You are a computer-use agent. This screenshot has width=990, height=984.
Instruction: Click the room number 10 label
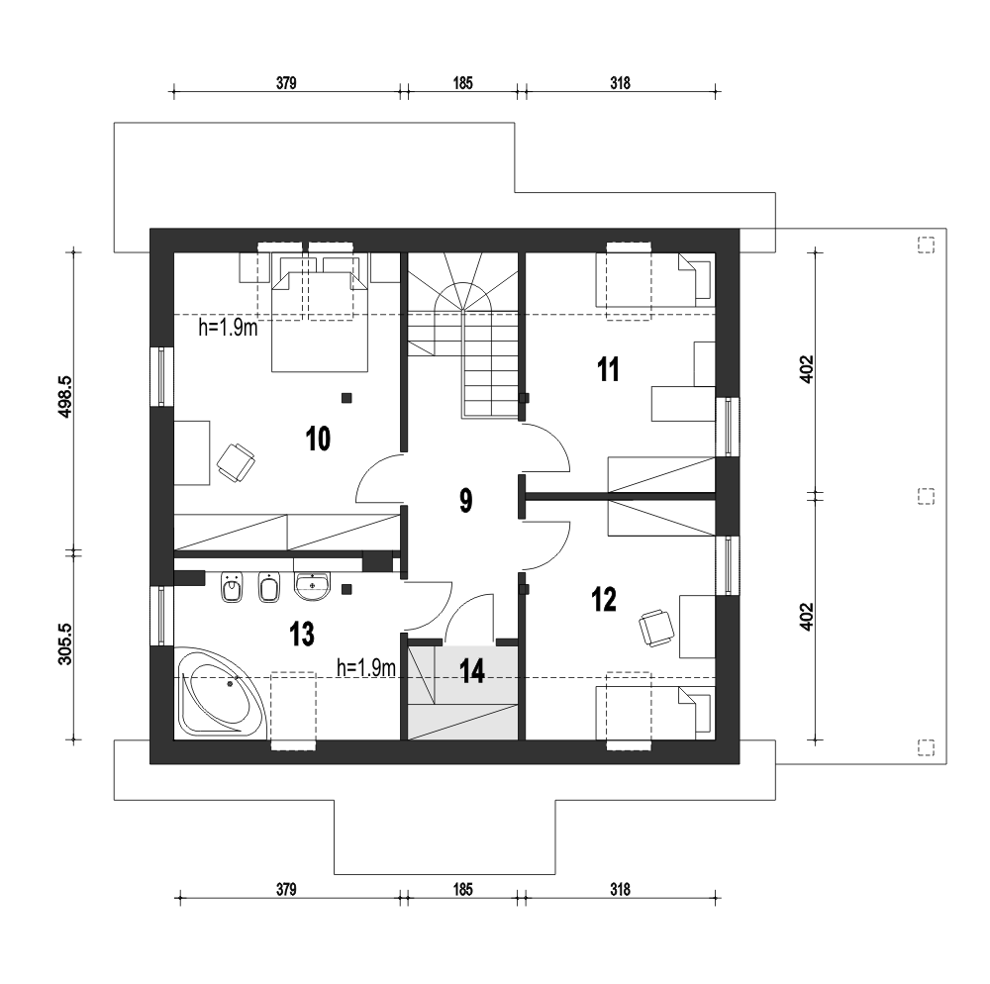point(318,439)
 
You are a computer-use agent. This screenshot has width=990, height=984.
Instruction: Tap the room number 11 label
point(608,369)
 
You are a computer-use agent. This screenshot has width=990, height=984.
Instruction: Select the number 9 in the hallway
point(465,501)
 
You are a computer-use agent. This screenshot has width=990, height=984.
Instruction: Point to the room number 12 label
point(604,599)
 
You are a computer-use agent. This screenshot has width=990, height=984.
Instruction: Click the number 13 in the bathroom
point(302,635)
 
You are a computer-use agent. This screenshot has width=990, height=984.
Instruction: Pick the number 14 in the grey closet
point(472,671)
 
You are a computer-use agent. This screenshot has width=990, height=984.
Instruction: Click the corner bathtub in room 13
point(221,692)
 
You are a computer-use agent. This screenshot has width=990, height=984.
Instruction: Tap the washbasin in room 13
point(312,586)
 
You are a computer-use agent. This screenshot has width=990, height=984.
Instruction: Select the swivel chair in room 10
point(236,463)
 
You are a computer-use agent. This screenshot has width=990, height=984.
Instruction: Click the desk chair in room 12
point(656,628)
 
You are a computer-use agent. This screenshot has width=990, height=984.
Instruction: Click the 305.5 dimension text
point(65,643)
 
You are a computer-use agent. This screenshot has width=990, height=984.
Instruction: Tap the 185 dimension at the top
point(462,83)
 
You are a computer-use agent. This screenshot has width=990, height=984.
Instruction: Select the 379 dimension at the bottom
point(286,889)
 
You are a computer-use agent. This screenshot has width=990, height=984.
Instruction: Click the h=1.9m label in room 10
point(228,328)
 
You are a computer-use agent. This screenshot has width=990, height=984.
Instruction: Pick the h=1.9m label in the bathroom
point(366,668)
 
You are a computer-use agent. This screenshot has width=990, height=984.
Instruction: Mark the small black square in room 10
point(346,398)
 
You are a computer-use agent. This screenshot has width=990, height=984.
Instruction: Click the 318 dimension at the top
point(620,83)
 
